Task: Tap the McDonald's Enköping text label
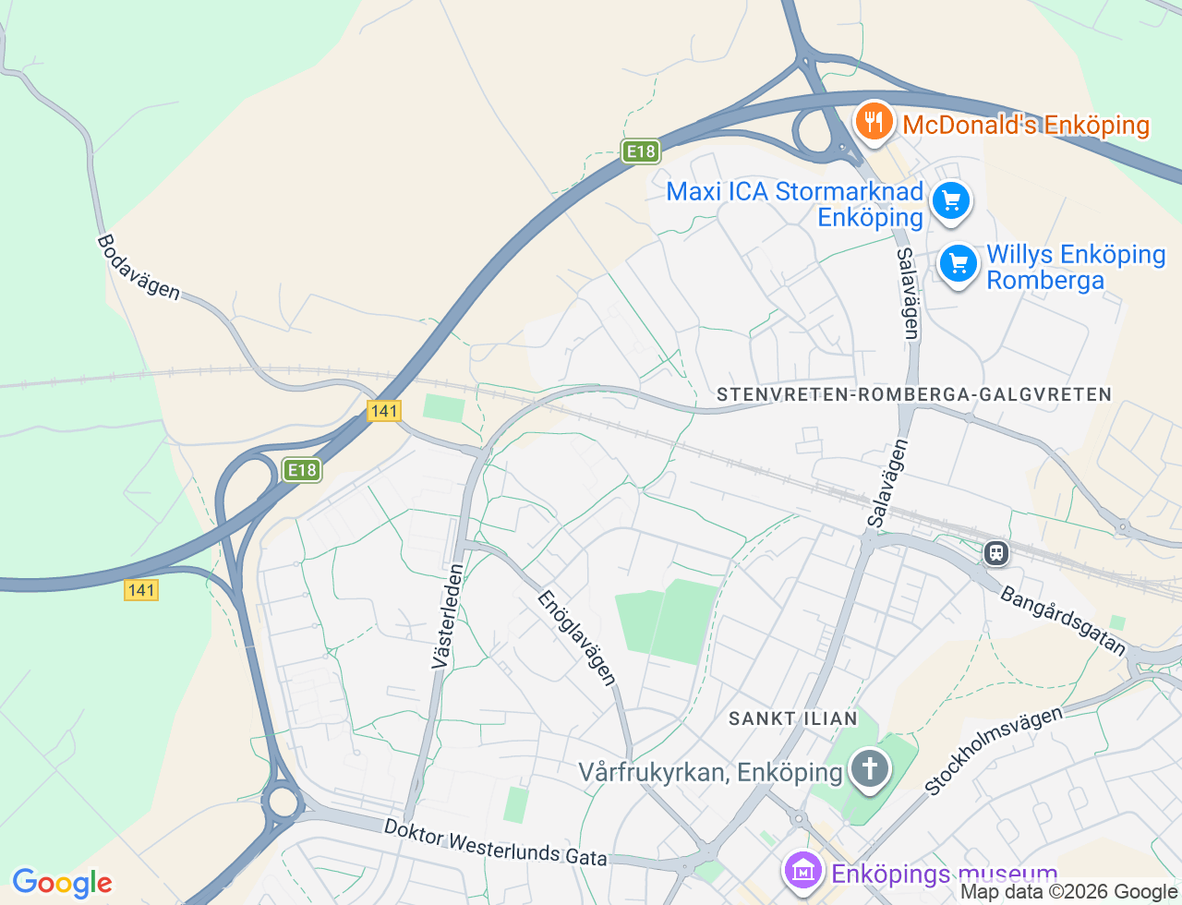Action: click(x=1026, y=126)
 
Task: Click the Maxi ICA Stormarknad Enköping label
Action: click(x=795, y=204)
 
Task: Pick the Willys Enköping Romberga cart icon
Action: click(x=958, y=264)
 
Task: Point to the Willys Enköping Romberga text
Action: click(x=1076, y=267)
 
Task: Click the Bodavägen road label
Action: click(x=139, y=267)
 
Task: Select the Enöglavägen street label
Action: click(x=577, y=638)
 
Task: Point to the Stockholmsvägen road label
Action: click(x=994, y=751)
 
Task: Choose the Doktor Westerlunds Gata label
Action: click(x=495, y=843)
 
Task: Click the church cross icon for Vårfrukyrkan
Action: click(x=868, y=768)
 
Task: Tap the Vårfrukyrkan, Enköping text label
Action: click(x=711, y=772)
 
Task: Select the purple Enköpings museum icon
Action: click(x=803, y=870)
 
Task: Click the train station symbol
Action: click(x=995, y=553)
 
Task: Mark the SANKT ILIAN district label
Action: click(x=792, y=718)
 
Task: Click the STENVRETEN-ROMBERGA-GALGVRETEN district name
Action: click(x=914, y=394)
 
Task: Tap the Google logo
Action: click(x=62, y=883)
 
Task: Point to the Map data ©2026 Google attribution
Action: click(x=1068, y=892)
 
